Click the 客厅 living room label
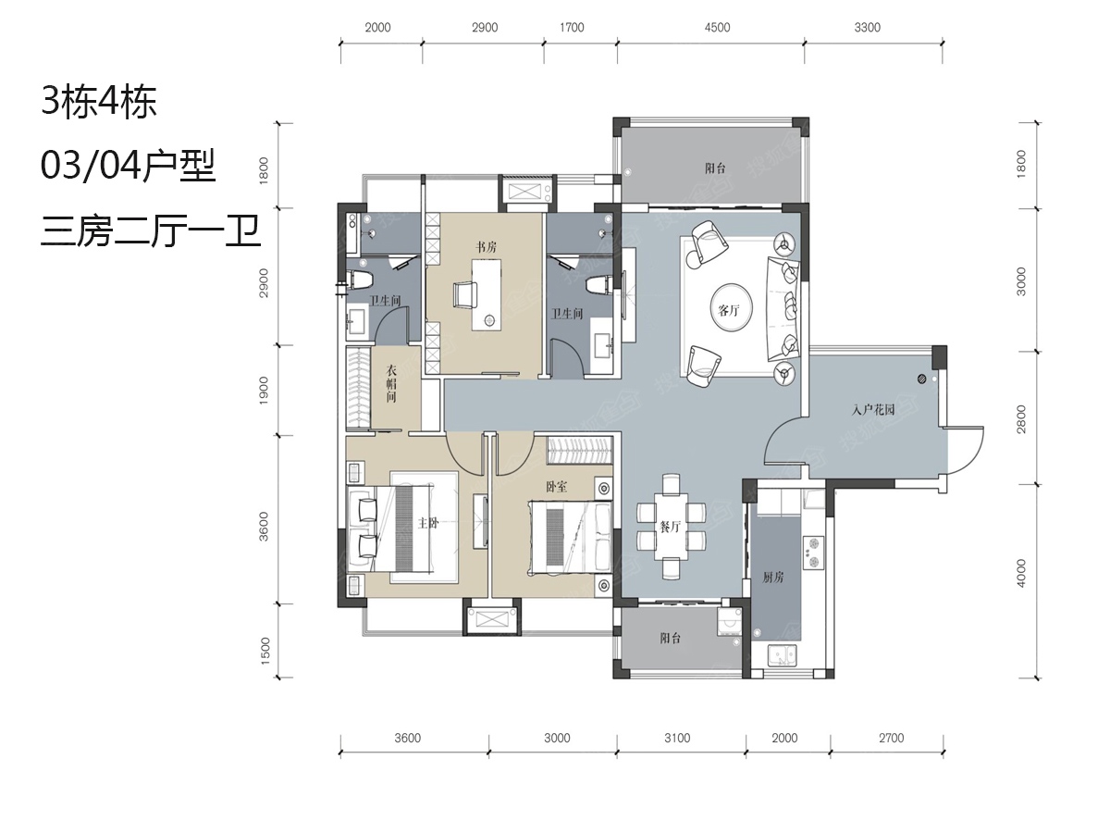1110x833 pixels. pyautogui.click(x=729, y=311)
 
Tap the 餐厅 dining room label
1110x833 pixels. pyautogui.click(x=671, y=527)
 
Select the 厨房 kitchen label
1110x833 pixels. pyautogui.click(x=773, y=577)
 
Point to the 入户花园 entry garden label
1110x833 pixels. pyautogui.click(x=873, y=409)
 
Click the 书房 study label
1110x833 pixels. pyautogui.click(x=486, y=247)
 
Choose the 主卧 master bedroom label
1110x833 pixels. pyautogui.click(x=428, y=523)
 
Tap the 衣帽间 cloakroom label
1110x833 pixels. pyautogui.click(x=391, y=383)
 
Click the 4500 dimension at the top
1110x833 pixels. pyautogui.click(x=717, y=28)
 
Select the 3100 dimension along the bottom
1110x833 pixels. pyautogui.click(x=677, y=738)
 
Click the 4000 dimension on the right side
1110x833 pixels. pyautogui.click(x=1021, y=573)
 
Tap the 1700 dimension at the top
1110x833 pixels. pyautogui.click(x=572, y=28)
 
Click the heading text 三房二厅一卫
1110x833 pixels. pyautogui.click(x=150, y=231)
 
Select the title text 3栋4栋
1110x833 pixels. pyautogui.click(x=99, y=102)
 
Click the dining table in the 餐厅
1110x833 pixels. pyautogui.click(x=671, y=527)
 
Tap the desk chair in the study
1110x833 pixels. pyautogui.click(x=464, y=293)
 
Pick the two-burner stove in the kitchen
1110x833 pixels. pyautogui.click(x=814, y=553)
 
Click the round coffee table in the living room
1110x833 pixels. pyautogui.click(x=732, y=307)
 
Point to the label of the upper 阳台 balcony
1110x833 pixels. pyautogui.click(x=716, y=168)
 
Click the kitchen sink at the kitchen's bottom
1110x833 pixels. pyautogui.click(x=782, y=656)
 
